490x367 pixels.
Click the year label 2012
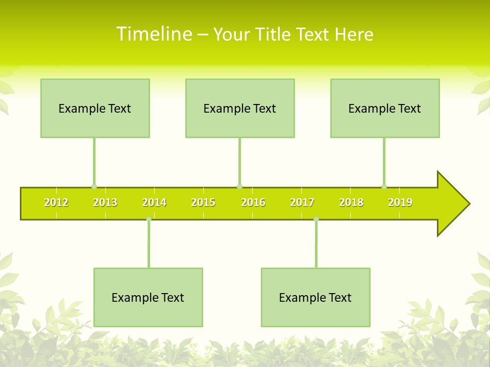(56, 202)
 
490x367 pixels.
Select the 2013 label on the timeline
(105, 202)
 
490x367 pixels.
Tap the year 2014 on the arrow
(154, 202)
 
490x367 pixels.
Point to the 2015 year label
(203, 202)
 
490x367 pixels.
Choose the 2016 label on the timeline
(253, 202)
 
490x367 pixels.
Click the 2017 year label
(302, 202)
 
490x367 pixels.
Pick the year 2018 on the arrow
(351, 202)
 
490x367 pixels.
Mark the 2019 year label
(400, 202)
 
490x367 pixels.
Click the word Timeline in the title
(155, 34)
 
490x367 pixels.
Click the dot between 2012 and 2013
(94, 187)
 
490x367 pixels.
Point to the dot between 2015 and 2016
(239, 187)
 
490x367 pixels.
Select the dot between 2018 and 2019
(384, 187)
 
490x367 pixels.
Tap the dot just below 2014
(149, 219)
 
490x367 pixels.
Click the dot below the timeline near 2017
(316, 219)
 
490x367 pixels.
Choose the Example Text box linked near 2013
(95, 109)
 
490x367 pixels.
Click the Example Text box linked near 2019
(385, 109)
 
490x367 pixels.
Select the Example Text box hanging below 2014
(148, 298)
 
